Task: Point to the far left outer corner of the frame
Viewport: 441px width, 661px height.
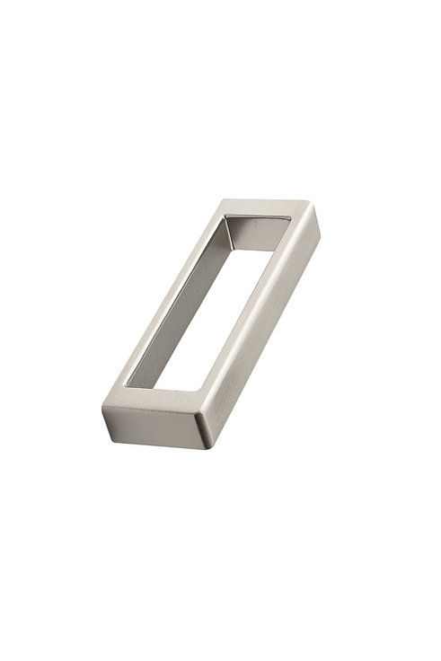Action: tap(223, 200)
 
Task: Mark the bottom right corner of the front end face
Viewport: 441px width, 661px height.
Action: tap(201, 446)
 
